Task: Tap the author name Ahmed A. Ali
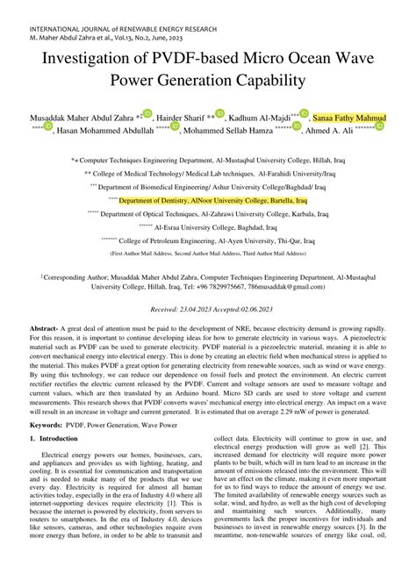(x=329, y=130)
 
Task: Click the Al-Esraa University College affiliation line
(x=213, y=226)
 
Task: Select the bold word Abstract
(x=45, y=326)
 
